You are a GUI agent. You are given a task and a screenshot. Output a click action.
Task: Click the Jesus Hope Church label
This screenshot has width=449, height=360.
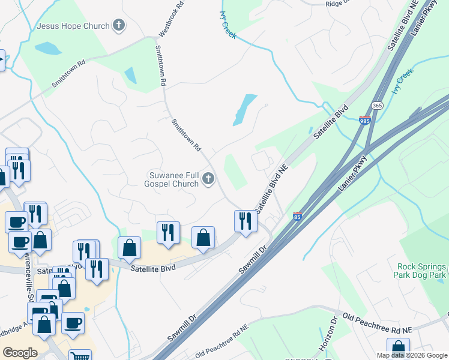73,26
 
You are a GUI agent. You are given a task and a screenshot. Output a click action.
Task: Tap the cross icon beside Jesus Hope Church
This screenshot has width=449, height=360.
119,25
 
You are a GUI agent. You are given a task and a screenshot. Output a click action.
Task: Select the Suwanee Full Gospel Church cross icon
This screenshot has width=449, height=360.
208,178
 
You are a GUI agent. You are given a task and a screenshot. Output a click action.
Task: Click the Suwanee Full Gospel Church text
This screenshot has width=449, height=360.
173,179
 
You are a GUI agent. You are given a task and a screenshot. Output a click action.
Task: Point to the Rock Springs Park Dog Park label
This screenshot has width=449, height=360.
421,271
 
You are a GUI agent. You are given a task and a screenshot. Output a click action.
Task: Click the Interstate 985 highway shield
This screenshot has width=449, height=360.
365,121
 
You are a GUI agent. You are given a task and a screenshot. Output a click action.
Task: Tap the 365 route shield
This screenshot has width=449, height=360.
377,104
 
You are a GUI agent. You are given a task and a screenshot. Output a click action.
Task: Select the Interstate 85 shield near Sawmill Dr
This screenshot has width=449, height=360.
297,216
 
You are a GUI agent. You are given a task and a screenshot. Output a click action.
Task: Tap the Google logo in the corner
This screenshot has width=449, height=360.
20,353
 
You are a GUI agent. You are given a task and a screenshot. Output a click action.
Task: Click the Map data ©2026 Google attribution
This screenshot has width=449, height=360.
412,355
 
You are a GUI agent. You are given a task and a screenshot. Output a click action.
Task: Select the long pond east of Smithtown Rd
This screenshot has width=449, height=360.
243,110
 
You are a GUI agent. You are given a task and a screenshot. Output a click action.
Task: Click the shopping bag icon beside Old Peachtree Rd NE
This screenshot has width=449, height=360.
398,348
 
